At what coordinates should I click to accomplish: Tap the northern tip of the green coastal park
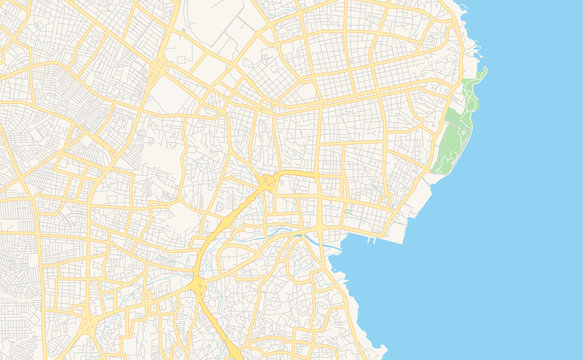pyautogui.click(x=480, y=72)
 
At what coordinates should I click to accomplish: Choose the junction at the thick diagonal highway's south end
pyautogui.click(x=197, y=285)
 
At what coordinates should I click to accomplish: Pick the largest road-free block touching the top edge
pyautogui.click(x=215, y=20)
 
